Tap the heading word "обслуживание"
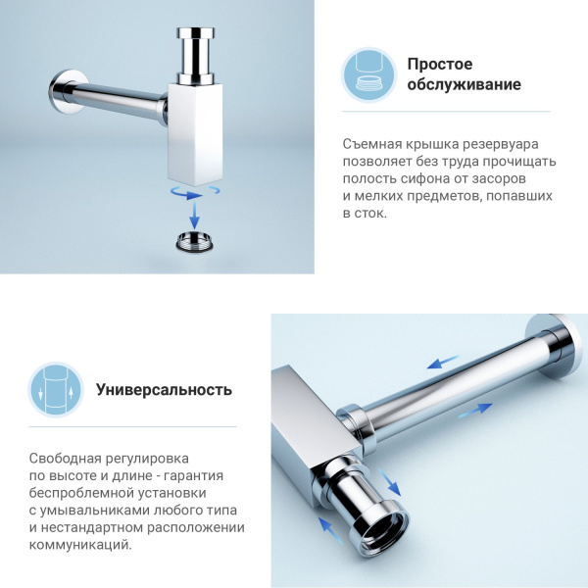pos(465,85)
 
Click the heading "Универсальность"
pos(164,389)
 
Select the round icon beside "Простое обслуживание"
pos(368,74)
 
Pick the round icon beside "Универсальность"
pos(55,389)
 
